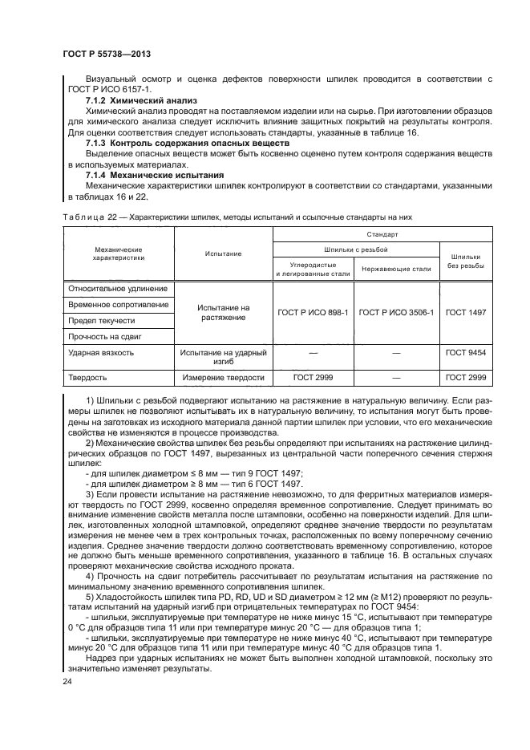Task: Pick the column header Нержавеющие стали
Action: tap(396, 269)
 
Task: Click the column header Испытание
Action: tap(223, 253)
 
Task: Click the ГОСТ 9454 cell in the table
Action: tap(467, 352)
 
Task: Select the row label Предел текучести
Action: tap(102, 320)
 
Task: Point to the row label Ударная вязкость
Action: tap(101, 352)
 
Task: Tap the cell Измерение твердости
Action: tap(223, 377)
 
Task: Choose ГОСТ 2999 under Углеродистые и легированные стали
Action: tap(313, 377)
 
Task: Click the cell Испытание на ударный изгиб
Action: tap(223, 357)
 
